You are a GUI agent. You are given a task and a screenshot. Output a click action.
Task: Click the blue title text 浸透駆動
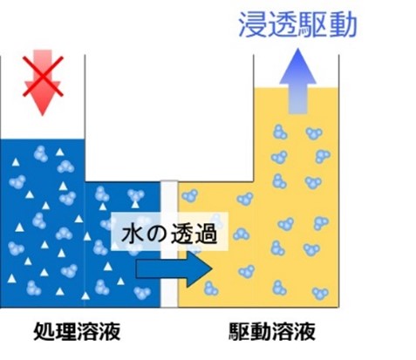click(297, 25)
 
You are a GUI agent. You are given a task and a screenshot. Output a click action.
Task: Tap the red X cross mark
click(43, 76)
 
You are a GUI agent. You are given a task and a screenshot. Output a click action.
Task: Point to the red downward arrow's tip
click(43, 115)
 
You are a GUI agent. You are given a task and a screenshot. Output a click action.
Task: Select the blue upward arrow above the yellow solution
click(297, 81)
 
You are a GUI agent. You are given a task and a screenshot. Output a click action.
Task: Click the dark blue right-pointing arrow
click(174, 269)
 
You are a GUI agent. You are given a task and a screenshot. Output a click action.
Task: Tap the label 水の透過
click(169, 234)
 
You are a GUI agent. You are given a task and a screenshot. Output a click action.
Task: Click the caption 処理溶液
click(77, 331)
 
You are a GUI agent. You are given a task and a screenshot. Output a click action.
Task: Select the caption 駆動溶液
click(272, 331)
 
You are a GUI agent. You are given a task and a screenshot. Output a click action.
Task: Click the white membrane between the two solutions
click(169, 244)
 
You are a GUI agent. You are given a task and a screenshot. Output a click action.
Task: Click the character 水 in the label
click(133, 234)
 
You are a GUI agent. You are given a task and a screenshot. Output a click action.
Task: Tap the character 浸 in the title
click(252, 25)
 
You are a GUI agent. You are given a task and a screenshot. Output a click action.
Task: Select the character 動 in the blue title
click(343, 25)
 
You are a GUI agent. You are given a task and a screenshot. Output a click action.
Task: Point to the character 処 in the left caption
click(44, 331)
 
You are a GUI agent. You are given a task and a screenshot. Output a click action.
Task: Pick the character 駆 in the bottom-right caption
click(239, 331)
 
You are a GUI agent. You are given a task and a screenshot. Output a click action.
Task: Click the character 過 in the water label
click(206, 234)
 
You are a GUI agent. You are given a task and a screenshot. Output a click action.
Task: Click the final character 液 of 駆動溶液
click(304, 331)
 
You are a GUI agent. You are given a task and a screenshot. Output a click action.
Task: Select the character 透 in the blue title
click(283, 25)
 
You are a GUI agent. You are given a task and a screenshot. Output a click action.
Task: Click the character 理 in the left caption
click(66, 331)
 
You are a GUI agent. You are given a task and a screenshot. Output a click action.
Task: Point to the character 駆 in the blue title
click(313, 25)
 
